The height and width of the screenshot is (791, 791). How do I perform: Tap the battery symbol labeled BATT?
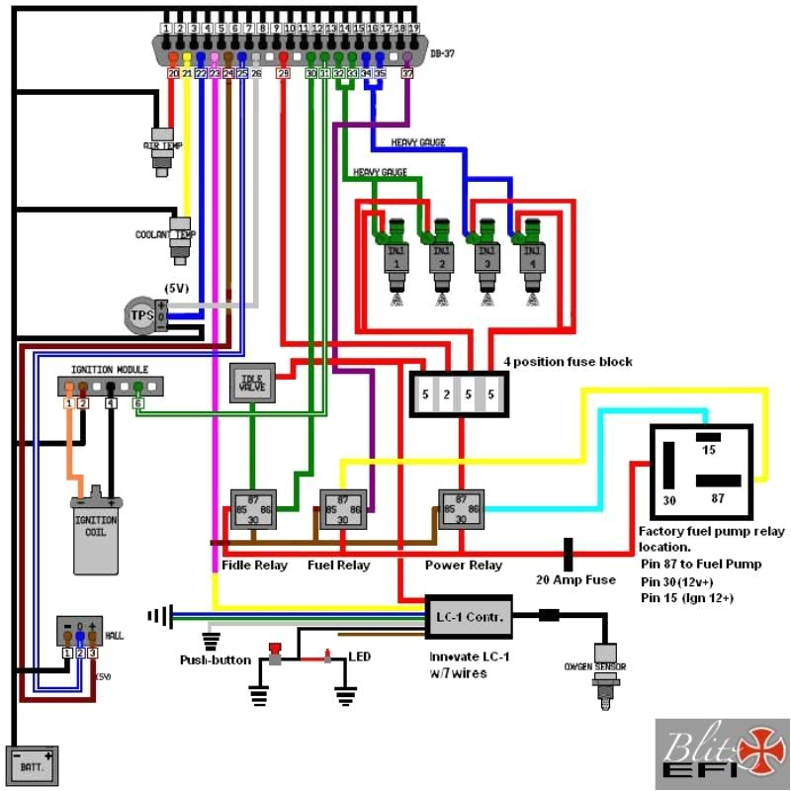coord(32,763)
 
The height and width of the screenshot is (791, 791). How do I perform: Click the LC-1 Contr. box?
coord(469,616)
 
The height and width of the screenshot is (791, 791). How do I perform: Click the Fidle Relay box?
coord(254,508)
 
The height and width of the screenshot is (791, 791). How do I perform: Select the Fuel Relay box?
coord(342,508)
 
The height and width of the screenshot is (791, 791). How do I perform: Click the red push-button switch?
coord(276,653)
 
